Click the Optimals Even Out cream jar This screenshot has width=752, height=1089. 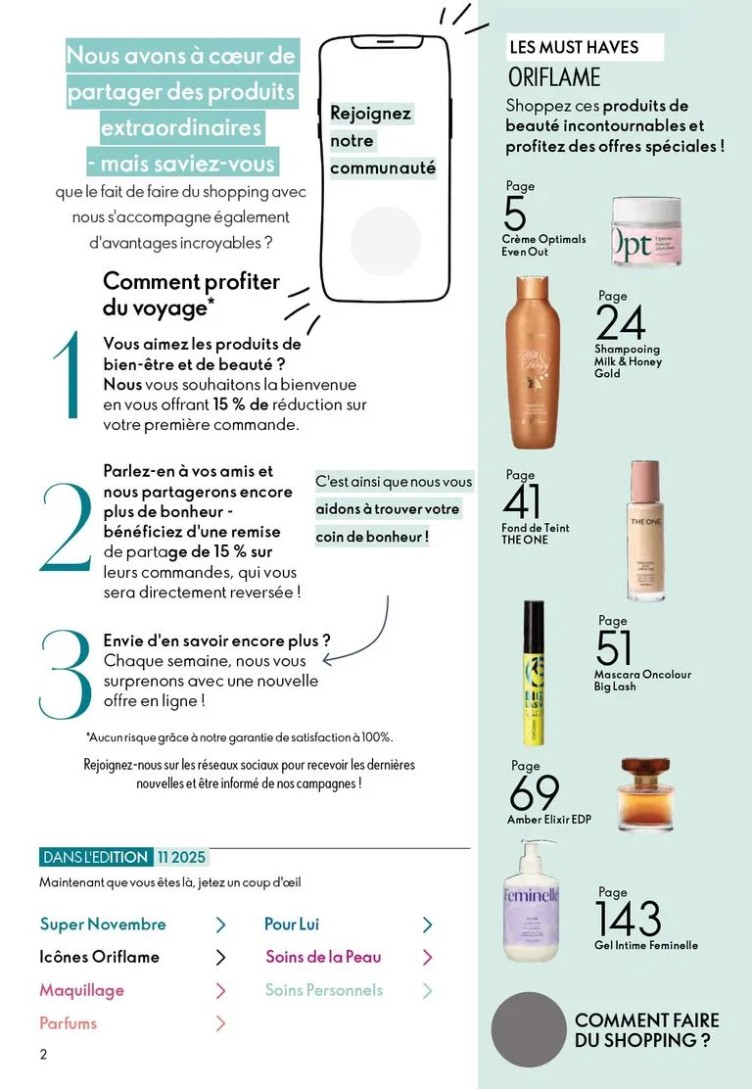[646, 230]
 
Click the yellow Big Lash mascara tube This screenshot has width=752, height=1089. [534, 672]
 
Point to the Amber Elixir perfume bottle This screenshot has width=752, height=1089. [644, 794]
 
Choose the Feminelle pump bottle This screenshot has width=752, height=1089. [531, 901]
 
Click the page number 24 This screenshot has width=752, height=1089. [620, 321]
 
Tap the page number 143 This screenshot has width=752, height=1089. [628, 919]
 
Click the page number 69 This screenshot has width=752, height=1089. [534, 791]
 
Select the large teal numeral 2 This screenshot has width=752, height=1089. [66, 527]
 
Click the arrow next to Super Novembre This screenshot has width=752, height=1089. [221, 924]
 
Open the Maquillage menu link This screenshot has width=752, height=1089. [82, 990]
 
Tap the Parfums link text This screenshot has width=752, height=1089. [68, 1023]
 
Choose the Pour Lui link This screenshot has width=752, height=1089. [292, 924]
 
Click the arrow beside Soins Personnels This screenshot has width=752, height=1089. [427, 990]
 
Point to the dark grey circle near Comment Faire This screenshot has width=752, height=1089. [529, 1029]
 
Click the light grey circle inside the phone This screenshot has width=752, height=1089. [386, 241]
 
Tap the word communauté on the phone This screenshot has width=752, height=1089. [383, 168]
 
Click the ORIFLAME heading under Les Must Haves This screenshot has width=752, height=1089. [554, 77]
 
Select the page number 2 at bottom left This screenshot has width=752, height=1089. [44, 1055]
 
